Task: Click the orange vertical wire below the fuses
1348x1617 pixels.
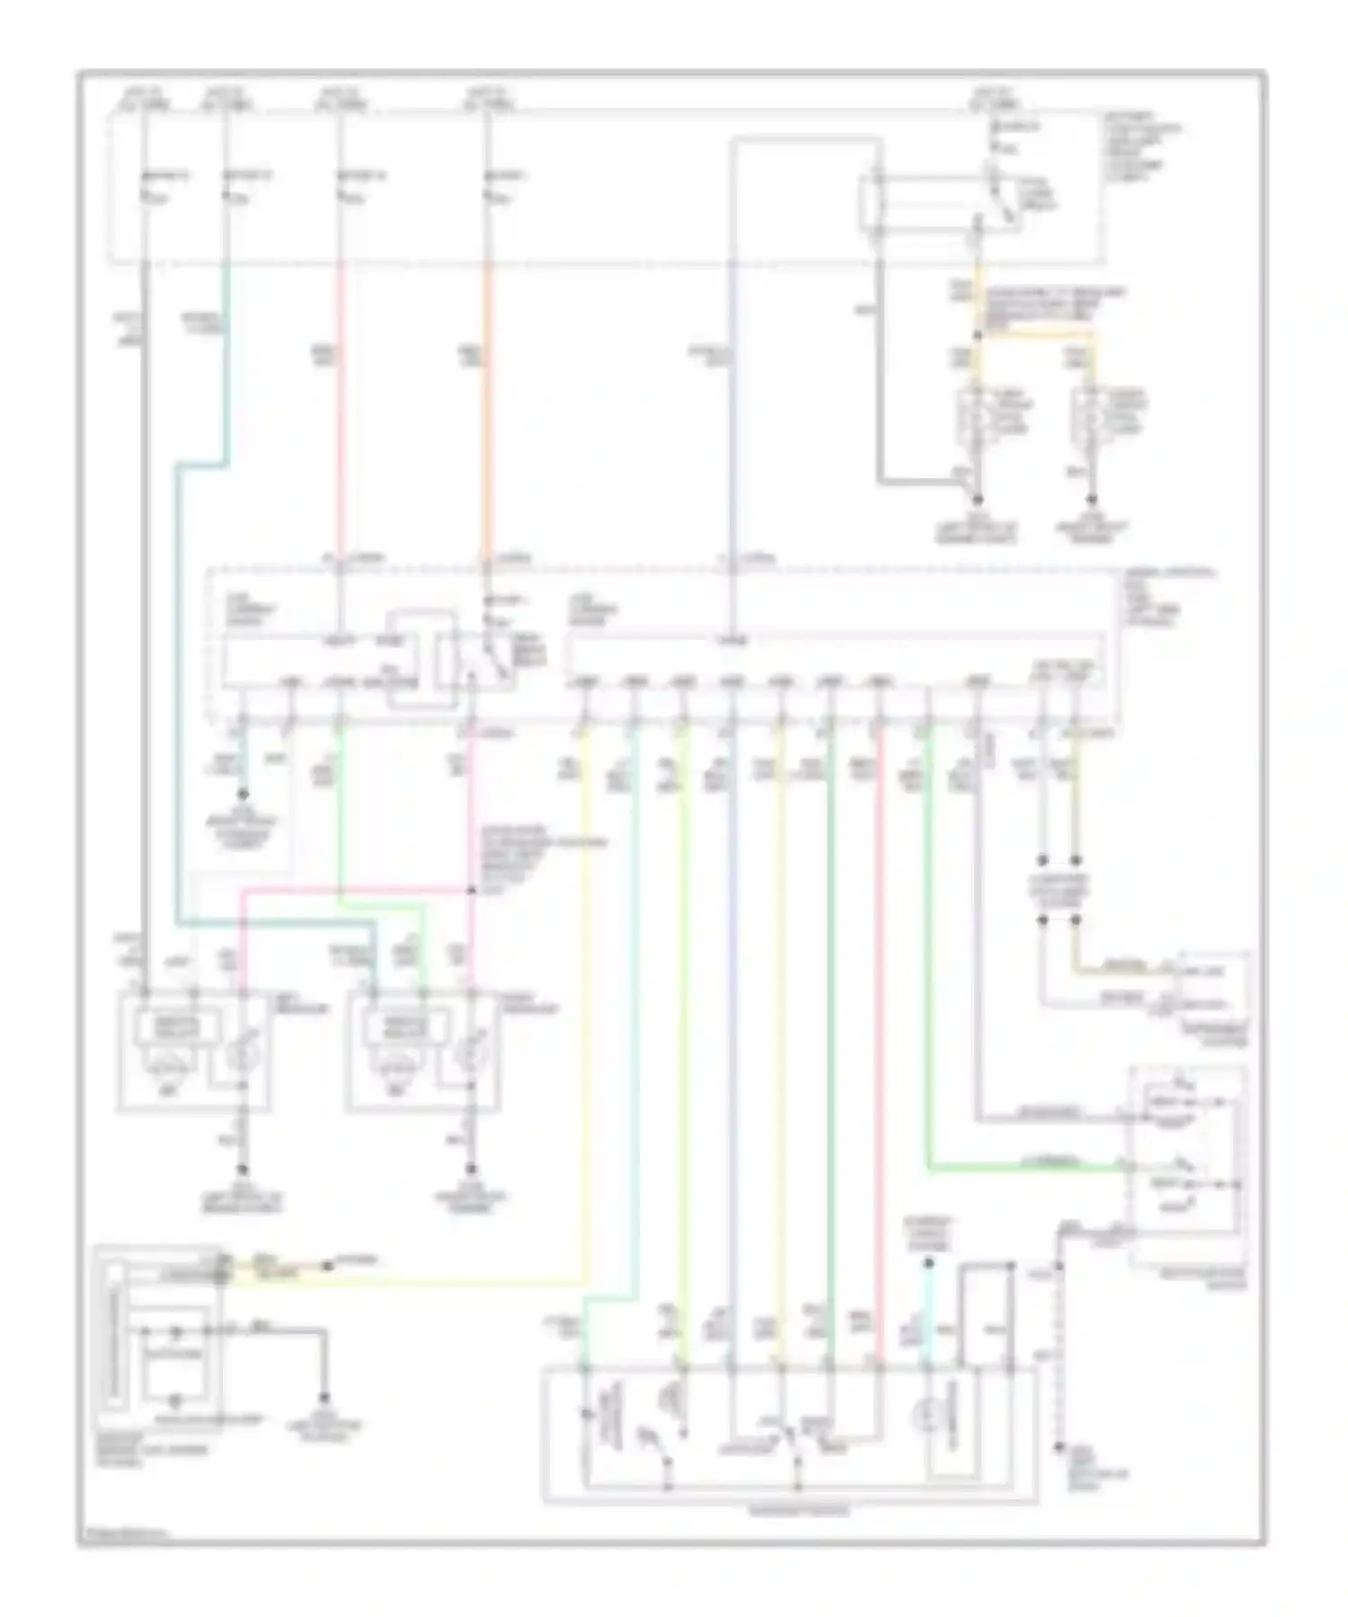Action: (487, 404)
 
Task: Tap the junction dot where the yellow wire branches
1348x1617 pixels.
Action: (979, 336)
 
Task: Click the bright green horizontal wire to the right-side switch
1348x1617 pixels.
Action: (1024, 1168)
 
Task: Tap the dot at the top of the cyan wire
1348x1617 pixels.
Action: (929, 1264)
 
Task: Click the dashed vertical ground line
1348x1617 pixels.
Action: (1060, 1348)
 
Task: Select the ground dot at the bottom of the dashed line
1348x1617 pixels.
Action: (1060, 1448)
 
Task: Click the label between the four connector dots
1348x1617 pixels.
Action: (1060, 888)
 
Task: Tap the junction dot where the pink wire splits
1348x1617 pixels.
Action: (472, 891)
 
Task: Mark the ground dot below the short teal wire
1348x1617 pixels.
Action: (241, 795)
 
